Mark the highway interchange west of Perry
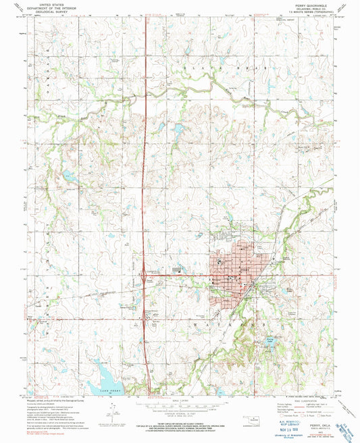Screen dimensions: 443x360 [x=144, y=275]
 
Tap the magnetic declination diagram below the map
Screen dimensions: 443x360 [x=116, y=420]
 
